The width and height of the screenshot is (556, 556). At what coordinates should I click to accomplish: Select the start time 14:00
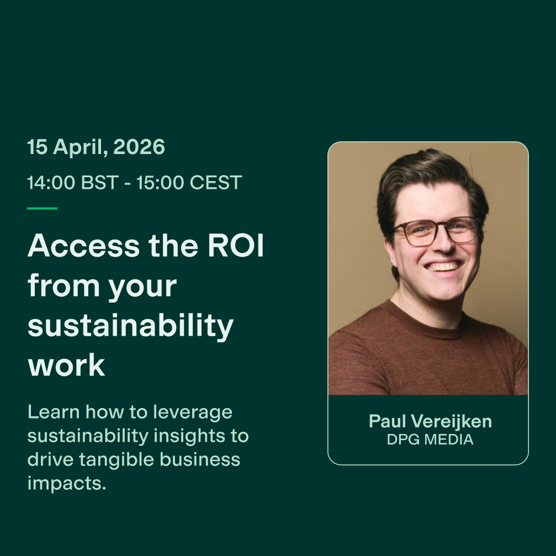51,183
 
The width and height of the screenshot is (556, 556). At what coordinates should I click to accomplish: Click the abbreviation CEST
215,183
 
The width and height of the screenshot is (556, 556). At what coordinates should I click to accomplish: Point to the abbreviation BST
99,183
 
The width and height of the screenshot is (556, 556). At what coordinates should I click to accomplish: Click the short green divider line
42,208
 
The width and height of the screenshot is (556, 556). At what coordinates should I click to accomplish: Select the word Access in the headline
84,245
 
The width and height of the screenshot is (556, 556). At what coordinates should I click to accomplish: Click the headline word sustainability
130,326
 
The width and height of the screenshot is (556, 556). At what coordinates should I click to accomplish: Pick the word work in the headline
66,365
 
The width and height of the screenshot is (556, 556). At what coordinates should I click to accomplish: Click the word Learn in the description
54,412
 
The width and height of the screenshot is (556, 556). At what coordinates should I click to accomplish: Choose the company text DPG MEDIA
430,439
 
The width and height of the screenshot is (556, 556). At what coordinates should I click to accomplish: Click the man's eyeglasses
436,230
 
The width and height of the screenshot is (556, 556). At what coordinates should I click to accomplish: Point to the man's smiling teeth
443,266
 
